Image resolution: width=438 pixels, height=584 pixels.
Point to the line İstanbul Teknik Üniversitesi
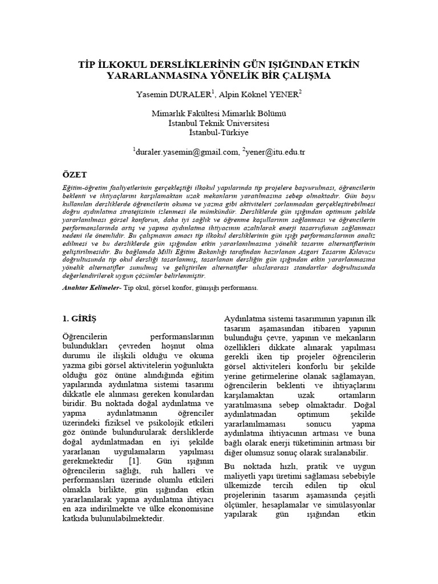(219, 123)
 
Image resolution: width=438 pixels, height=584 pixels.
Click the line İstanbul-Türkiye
(219, 132)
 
